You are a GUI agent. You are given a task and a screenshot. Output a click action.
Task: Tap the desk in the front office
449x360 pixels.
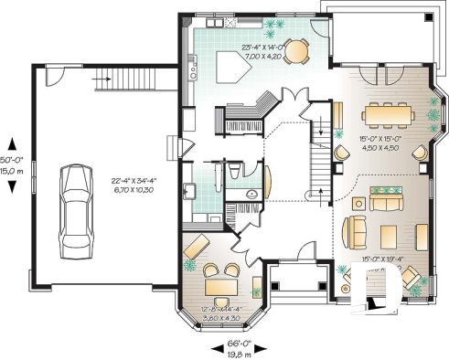tap(219, 287)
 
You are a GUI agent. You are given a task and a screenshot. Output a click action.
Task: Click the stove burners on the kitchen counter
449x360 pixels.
tap(193, 65)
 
